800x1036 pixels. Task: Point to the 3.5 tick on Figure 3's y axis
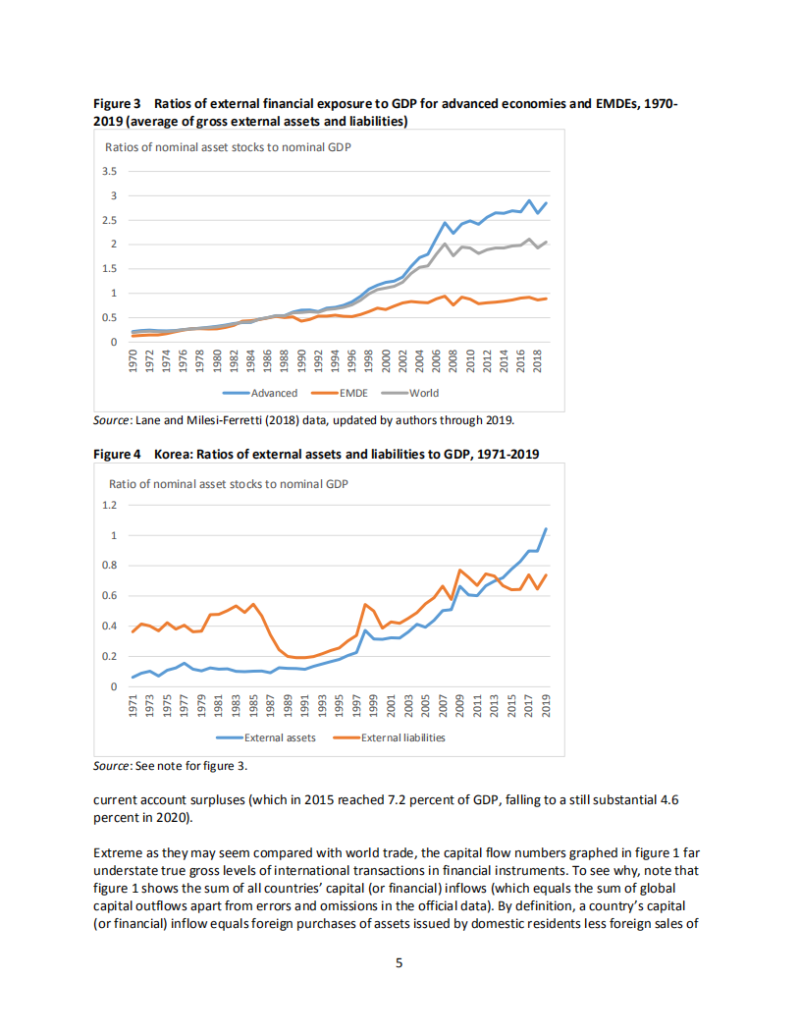click(110, 171)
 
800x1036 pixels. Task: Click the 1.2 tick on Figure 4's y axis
click(110, 505)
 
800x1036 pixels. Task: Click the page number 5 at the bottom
click(399, 963)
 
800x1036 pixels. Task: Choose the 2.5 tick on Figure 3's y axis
click(110, 219)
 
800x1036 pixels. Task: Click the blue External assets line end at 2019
click(546, 529)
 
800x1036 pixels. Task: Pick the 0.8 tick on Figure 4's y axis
click(110, 566)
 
